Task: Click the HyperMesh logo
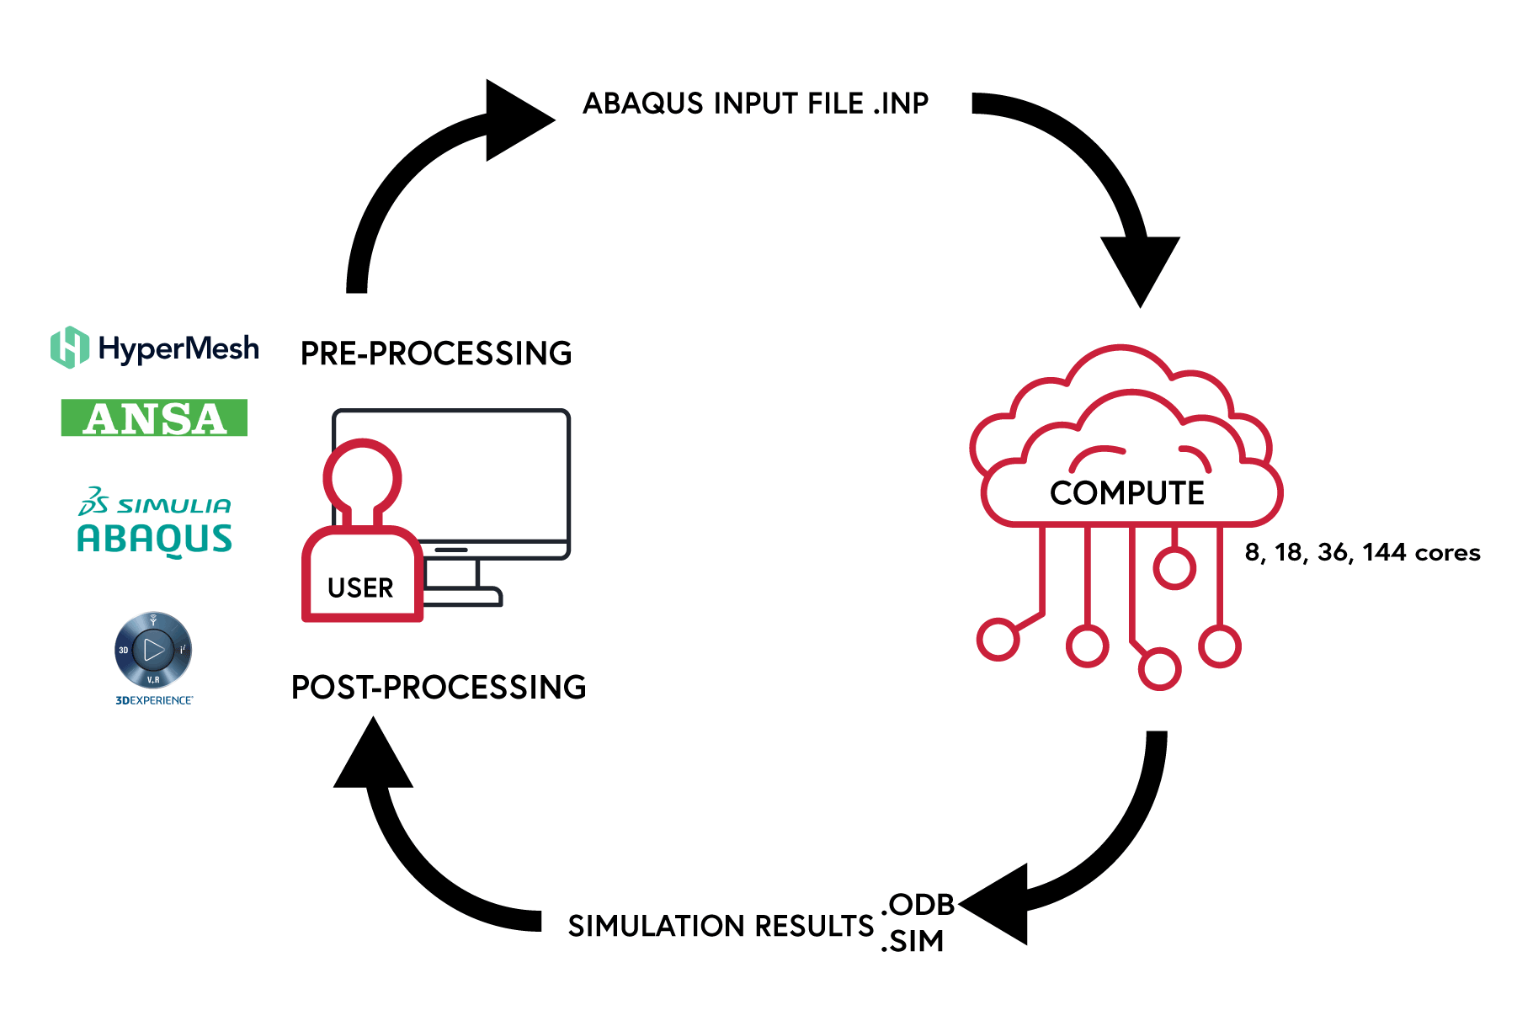tap(155, 348)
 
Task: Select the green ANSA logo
tap(154, 417)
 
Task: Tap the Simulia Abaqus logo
tap(154, 522)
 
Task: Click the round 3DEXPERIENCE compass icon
tap(153, 650)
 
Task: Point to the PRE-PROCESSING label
tap(436, 354)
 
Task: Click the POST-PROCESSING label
tap(439, 688)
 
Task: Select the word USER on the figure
tap(360, 587)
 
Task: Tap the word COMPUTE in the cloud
tap(1127, 493)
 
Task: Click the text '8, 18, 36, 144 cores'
tap(1362, 552)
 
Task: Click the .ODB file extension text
tap(918, 905)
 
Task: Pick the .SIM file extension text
tap(913, 941)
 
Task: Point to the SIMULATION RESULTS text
tap(721, 926)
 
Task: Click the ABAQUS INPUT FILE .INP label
tap(755, 103)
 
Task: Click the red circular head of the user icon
tap(363, 477)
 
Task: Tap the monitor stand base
tap(462, 598)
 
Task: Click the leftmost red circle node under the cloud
tap(998, 640)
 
